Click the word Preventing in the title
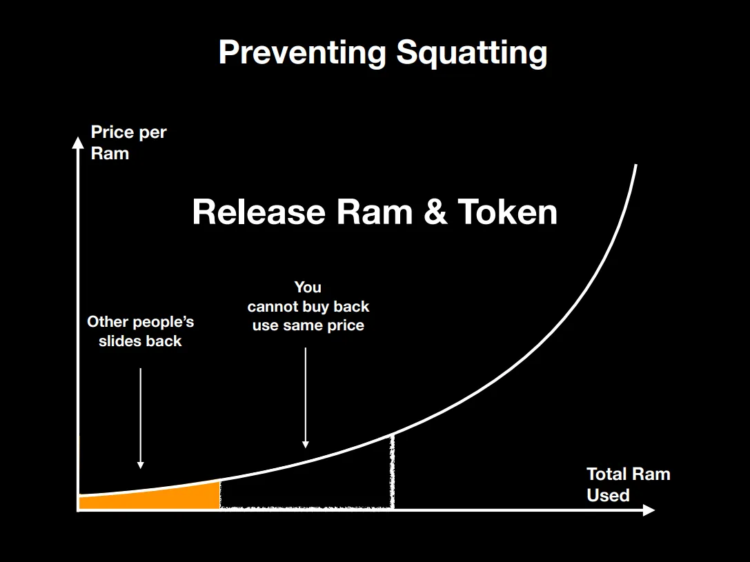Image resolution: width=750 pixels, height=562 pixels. point(302,52)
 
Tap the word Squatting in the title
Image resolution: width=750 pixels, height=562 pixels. point(472,52)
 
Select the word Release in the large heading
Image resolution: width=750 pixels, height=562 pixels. point(259,212)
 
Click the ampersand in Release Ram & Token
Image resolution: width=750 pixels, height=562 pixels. point(435,212)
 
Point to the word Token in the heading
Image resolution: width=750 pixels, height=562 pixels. point(508,212)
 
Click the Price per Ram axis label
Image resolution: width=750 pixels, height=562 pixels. point(128,143)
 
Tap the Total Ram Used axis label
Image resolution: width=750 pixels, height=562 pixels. point(628,485)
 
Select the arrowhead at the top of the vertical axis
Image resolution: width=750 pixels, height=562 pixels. point(77,143)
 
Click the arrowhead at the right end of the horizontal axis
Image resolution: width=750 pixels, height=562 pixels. point(649,510)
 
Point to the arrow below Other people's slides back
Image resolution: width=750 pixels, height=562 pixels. point(141,418)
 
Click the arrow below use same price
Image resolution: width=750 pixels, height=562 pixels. point(306,398)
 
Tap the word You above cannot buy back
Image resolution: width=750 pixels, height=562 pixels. point(308,288)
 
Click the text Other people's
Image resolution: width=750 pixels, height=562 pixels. point(141,321)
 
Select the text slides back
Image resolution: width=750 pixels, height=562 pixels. point(140,341)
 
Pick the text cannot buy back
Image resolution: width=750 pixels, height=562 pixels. point(308,306)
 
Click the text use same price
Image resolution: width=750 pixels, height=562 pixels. point(308,325)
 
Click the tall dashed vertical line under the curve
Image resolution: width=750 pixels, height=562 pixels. point(392,471)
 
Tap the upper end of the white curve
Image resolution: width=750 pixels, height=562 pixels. point(635,165)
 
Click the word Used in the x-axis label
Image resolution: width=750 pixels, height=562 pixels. point(608,495)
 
